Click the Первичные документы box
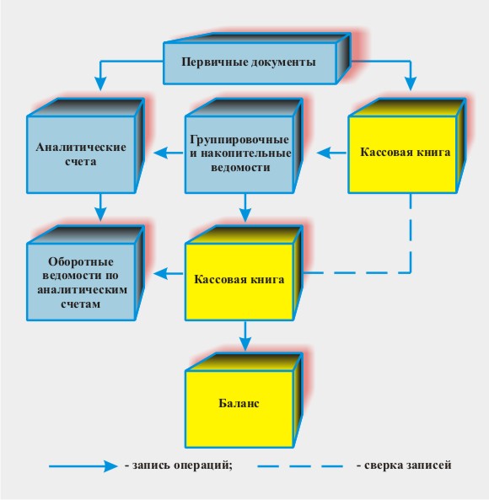[x=256, y=59]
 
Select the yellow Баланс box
[x=244, y=401]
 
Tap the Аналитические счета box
[x=85, y=146]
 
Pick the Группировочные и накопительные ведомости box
[x=244, y=146]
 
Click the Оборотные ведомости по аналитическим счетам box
[x=85, y=273]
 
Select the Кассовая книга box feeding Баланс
[x=244, y=273]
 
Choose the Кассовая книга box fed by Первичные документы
[x=406, y=146]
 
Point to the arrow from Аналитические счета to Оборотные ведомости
[x=100, y=207]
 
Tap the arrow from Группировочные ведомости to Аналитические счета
[x=169, y=153]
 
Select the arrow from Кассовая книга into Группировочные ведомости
[x=332, y=153]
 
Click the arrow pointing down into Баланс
[x=245, y=336]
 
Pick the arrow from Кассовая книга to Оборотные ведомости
[x=169, y=273]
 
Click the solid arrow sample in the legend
[x=83, y=466]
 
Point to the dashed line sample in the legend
[x=300, y=466]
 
